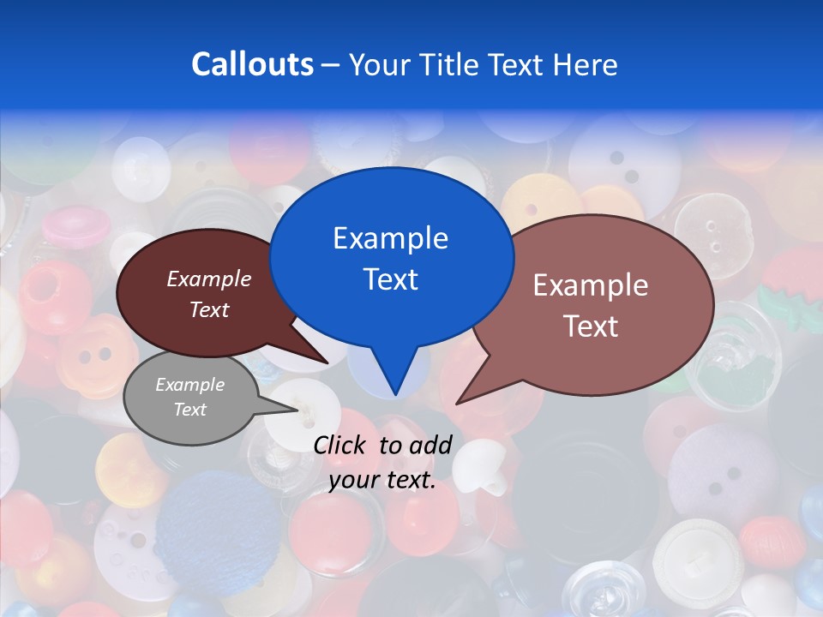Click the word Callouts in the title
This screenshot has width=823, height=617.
coord(252,64)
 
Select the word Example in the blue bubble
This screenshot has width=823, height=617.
coord(390,238)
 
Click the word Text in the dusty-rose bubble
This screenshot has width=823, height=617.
coord(591,326)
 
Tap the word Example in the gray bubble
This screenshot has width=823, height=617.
coord(189,385)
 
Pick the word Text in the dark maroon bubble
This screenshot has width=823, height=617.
coord(209,310)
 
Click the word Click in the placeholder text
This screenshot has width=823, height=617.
coord(341,445)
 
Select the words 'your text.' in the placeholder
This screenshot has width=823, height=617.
coord(382,481)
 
